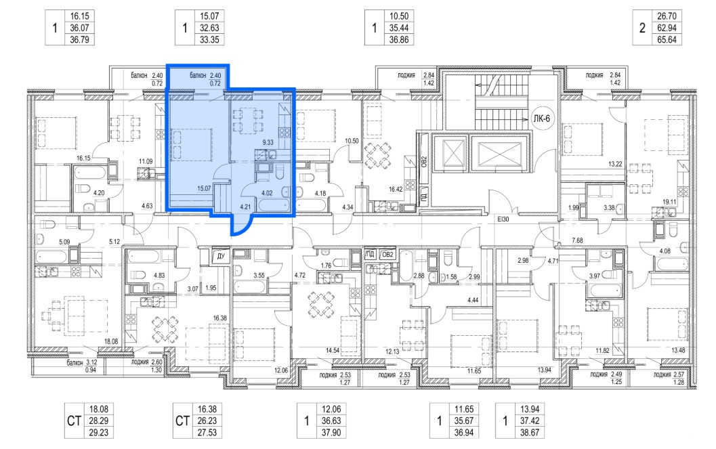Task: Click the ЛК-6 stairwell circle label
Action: (541, 119)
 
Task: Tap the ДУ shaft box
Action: (221, 256)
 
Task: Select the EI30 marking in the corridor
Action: (503, 219)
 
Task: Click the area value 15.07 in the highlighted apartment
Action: (204, 188)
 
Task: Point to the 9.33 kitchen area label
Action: (268, 142)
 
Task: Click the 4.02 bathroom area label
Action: (267, 193)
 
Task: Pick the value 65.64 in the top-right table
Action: (667, 40)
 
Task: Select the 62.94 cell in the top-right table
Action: (667, 28)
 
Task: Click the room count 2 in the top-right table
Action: (642, 28)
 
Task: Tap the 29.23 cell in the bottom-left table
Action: (98, 433)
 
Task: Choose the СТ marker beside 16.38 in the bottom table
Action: (183, 421)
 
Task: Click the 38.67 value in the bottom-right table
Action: (529, 433)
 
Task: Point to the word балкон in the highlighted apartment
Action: (198, 75)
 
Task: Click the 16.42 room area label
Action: (396, 189)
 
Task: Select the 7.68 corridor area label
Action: (577, 240)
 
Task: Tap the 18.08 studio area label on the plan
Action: (111, 341)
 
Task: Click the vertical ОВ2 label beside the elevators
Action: (424, 163)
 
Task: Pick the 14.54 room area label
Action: (333, 350)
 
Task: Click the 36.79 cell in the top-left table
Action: (79, 40)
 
